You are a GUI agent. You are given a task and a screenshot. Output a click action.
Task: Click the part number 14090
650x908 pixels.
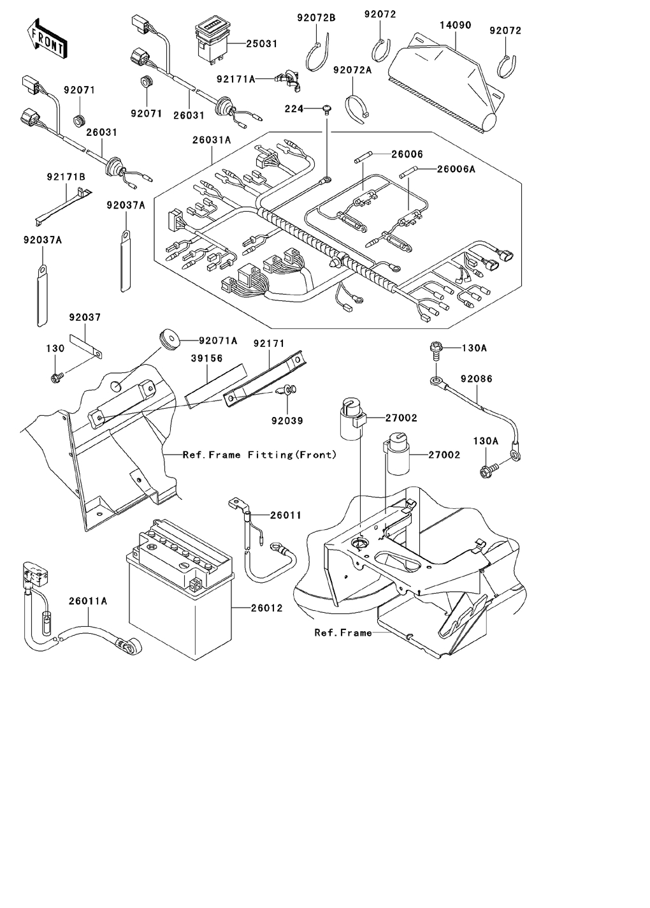click(456, 26)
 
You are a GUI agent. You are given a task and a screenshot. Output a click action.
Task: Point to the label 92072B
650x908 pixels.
click(316, 17)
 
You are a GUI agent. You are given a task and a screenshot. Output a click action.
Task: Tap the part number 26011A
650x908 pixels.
click(88, 601)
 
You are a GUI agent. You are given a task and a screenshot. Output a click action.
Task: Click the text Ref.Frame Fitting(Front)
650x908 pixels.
click(259, 455)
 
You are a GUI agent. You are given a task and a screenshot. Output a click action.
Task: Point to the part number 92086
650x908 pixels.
click(477, 379)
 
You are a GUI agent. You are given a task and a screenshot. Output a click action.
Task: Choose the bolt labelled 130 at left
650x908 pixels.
click(55, 377)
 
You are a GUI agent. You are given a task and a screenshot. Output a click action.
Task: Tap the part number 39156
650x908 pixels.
click(207, 358)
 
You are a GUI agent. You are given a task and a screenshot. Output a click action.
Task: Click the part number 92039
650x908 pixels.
click(287, 421)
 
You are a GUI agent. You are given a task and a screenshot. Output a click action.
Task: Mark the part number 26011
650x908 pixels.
click(285, 515)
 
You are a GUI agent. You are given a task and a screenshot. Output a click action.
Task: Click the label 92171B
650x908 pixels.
click(66, 177)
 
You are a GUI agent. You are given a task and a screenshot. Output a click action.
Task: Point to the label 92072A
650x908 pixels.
click(352, 70)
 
